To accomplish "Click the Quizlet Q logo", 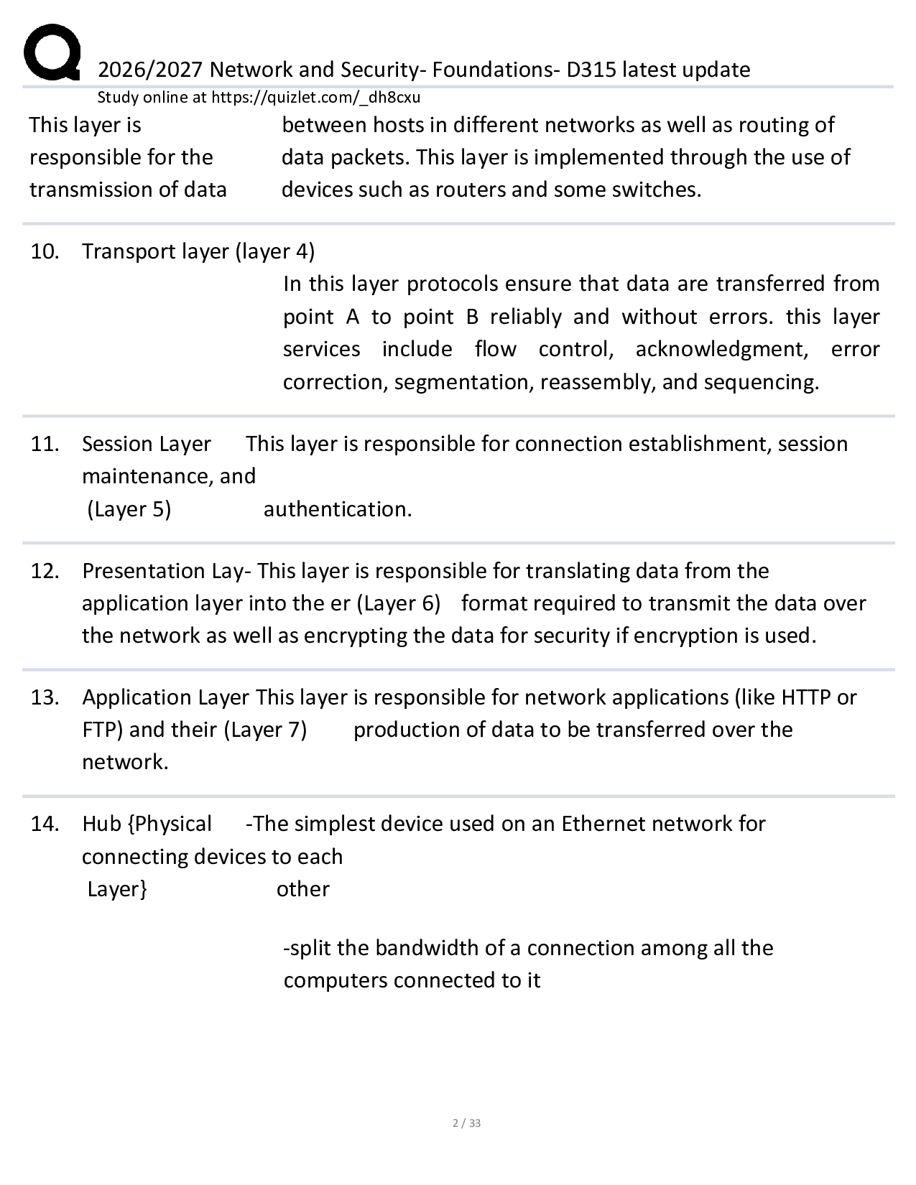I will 51,52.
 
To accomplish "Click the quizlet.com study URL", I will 315,98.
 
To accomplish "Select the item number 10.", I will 44,251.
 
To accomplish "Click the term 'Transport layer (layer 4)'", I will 198,251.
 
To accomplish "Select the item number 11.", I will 44,444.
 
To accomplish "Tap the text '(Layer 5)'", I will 129,509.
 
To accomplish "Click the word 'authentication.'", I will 338,509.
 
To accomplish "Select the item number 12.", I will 44,571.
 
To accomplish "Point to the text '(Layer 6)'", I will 398,603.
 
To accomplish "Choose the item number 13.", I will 44,697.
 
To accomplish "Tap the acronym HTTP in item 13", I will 807,697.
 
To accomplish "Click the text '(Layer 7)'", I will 266,730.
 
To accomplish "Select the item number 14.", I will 44,824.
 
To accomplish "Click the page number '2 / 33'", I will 466,1123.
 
